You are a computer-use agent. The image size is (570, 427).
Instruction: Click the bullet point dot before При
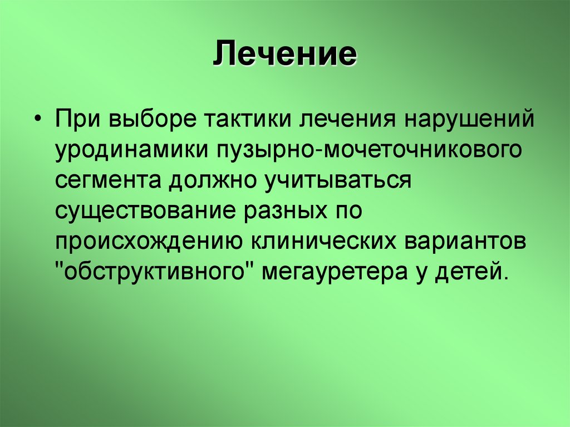point(37,106)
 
